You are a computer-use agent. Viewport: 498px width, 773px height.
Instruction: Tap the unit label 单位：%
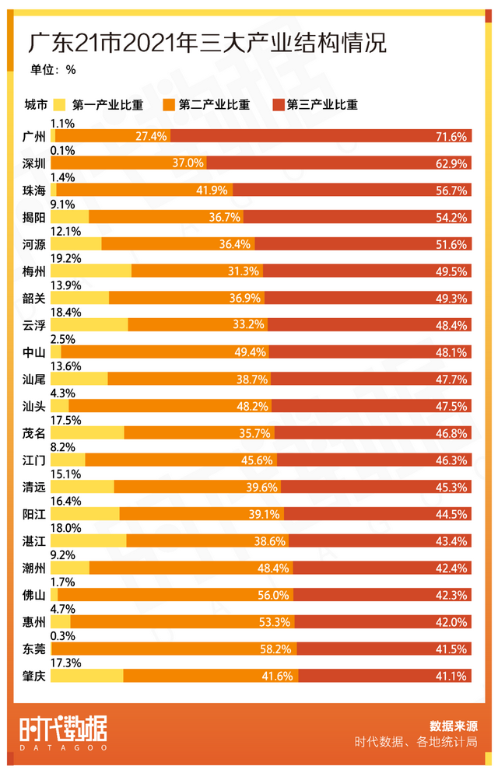tap(53, 69)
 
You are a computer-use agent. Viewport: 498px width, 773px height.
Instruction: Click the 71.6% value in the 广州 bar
tap(451, 137)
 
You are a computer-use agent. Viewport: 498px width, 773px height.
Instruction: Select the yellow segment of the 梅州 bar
tap(90, 271)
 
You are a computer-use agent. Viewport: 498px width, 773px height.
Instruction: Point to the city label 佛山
tap(35, 595)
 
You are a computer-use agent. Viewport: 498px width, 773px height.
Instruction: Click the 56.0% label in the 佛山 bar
tap(274, 595)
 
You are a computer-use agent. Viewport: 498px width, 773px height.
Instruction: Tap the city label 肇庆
tap(35, 676)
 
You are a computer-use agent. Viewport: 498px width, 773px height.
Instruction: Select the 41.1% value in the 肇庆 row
tap(451, 676)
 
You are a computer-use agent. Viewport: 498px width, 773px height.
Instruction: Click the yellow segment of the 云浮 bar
tap(89, 325)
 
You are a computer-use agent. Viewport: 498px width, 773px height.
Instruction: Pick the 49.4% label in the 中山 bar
tap(251, 352)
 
